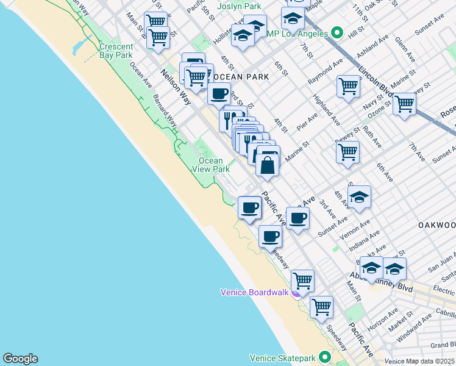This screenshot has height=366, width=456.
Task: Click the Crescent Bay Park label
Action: pos(116,51)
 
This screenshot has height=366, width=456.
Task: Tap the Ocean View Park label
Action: pos(211,165)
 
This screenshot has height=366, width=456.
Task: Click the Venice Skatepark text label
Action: pos(284,358)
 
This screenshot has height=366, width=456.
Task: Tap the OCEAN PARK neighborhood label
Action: pos(238,77)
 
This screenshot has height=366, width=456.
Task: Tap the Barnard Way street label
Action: pos(165,110)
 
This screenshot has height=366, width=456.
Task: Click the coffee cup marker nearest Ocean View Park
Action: pos(249,207)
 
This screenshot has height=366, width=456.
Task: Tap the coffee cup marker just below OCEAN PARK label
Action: pos(219,94)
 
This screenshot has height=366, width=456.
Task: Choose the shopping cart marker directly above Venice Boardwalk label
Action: pos(302,281)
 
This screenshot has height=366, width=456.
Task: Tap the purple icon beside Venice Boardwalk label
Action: pos(296,293)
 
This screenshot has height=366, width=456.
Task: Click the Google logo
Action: pos(20,359)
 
